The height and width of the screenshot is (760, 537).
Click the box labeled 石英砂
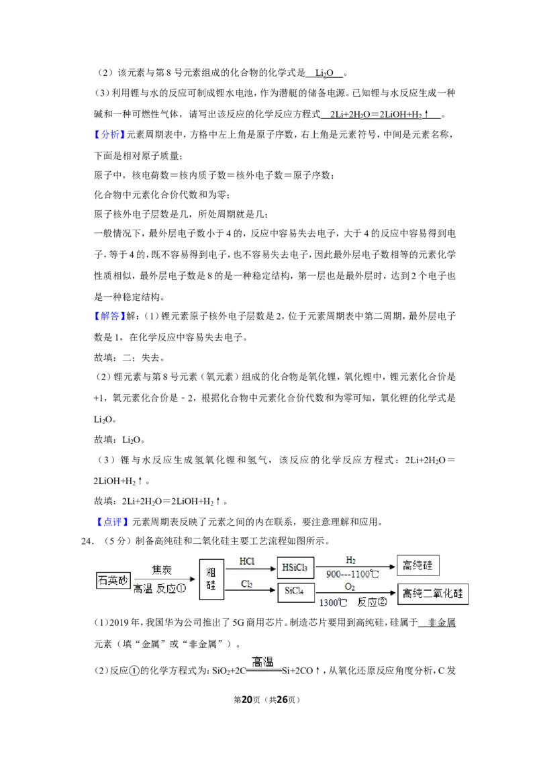coord(113,580)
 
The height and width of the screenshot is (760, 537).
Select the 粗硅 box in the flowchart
coord(211,579)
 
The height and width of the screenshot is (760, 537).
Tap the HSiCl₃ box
coord(295,567)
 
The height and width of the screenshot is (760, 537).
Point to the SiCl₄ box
coord(295,591)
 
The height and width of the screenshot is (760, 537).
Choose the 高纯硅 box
coord(418,565)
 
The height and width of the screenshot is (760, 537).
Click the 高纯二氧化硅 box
coord(433,593)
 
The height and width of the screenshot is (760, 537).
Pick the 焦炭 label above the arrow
coord(162,569)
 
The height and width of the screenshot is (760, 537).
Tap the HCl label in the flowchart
coord(247,561)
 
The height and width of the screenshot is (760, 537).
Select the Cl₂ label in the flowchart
coord(247,584)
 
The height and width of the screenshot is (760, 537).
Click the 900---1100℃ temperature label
coord(353,574)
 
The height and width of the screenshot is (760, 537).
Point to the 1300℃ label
coord(333,603)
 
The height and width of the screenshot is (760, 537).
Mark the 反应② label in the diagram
coord(373,602)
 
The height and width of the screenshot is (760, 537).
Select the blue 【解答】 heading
coord(109,316)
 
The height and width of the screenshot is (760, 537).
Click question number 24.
coord(87,541)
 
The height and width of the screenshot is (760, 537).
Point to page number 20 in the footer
coord(247,700)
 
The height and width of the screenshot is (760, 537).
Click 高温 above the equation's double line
coord(262,661)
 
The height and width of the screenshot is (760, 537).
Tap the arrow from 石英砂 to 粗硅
coord(164,579)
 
